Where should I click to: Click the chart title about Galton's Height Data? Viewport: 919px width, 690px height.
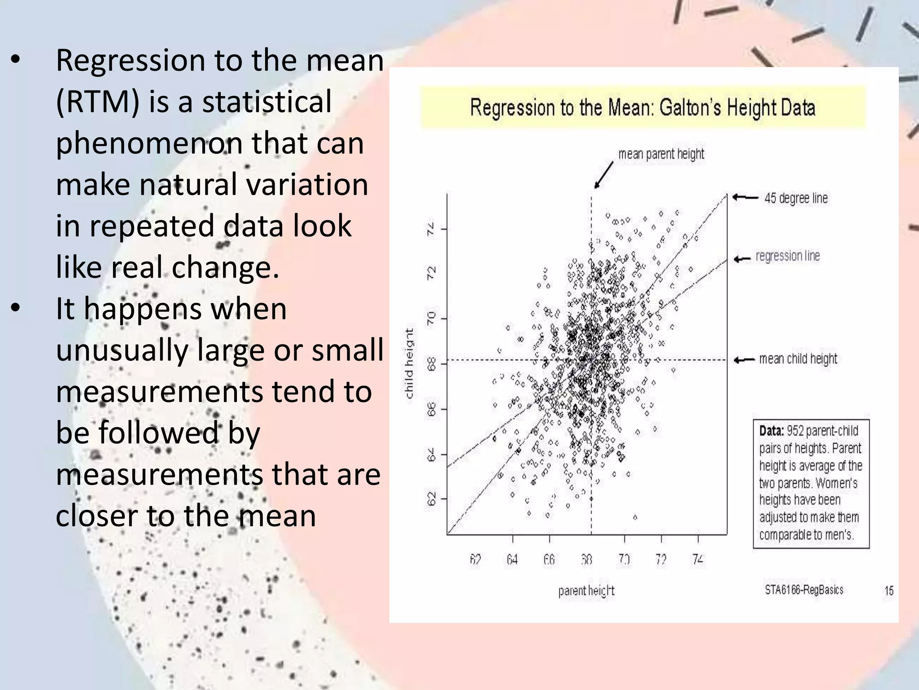[642, 108]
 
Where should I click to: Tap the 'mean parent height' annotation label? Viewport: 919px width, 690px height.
[661, 154]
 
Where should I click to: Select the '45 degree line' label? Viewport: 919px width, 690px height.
[796, 198]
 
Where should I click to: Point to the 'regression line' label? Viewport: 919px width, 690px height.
[788, 256]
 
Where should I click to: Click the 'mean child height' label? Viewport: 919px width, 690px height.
[798, 359]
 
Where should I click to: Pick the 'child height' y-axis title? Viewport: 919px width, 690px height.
[409, 363]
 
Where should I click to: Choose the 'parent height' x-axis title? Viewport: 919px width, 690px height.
[586, 591]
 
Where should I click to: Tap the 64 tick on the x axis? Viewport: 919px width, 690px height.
[512, 560]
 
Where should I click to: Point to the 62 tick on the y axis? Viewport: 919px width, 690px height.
[431, 499]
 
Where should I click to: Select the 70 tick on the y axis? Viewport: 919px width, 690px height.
[431, 319]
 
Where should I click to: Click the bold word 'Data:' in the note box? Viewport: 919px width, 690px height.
[771, 431]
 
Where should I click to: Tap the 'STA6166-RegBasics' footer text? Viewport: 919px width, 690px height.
[804, 590]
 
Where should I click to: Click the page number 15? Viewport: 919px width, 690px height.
[888, 591]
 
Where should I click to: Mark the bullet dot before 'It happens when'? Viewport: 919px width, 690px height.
[16, 309]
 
